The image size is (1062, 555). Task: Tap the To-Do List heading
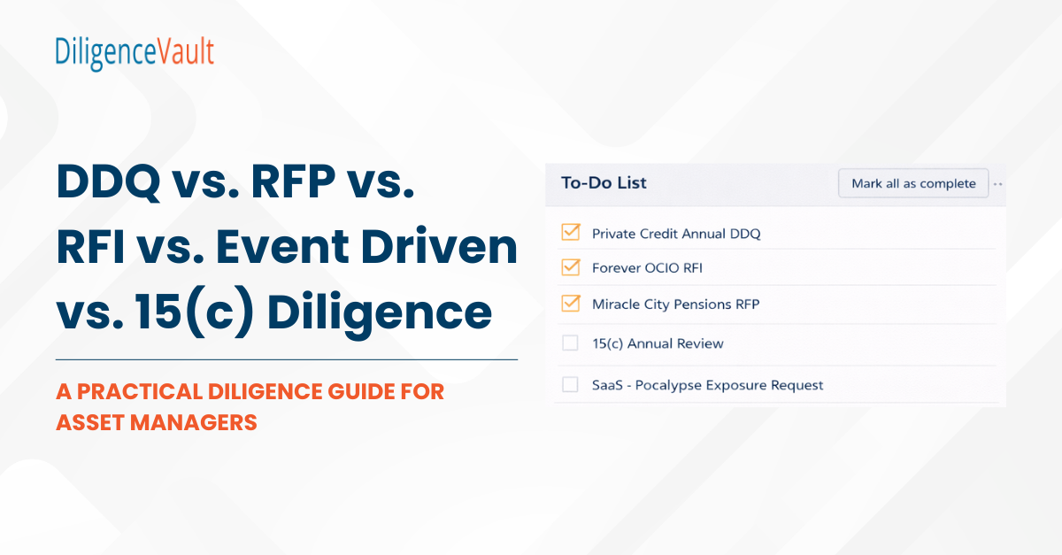[604, 183]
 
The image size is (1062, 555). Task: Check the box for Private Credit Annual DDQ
[570, 233]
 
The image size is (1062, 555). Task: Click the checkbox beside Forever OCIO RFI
[570, 267]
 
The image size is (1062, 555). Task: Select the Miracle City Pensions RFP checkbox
[570, 304]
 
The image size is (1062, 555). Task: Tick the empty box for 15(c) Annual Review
[570, 343]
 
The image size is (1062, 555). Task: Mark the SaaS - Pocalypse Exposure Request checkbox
[570, 385]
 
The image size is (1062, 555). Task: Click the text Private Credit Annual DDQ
[676, 234]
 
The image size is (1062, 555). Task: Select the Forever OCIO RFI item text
[647, 267]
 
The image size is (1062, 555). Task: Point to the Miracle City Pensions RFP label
[675, 304]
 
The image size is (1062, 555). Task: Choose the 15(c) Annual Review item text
[658, 343]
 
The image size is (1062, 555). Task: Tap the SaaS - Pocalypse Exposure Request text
[707, 385]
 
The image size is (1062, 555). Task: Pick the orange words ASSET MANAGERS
[156, 422]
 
